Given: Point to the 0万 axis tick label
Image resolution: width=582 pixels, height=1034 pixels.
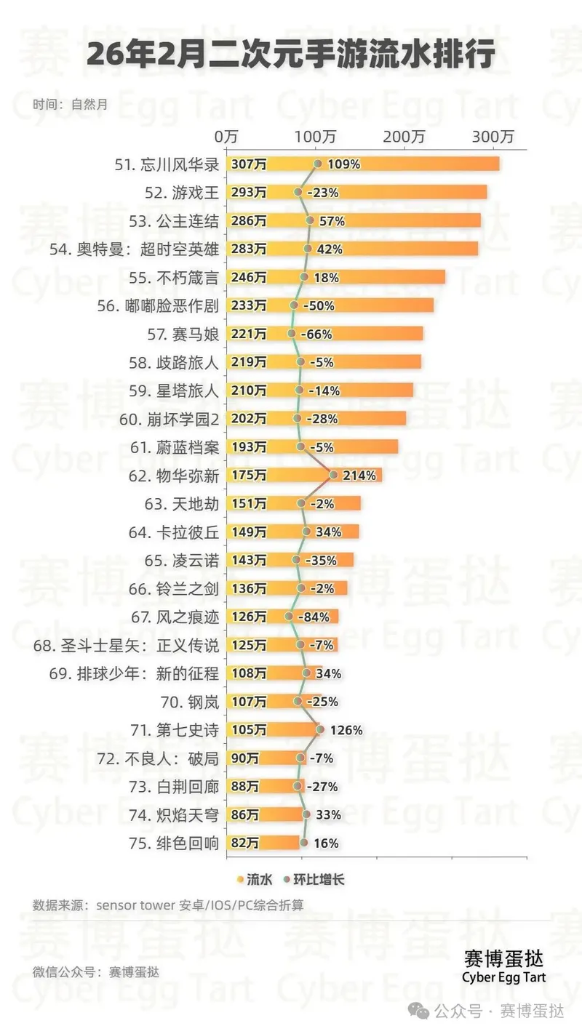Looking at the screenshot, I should point(226,136).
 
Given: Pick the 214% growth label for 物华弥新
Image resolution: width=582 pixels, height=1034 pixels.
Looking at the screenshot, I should point(360,476).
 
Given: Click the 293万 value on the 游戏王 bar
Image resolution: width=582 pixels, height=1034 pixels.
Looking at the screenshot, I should point(248,193).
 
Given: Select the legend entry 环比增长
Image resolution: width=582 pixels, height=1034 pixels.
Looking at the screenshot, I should point(314,880).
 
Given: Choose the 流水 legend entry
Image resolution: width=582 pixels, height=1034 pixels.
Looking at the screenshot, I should point(255,880).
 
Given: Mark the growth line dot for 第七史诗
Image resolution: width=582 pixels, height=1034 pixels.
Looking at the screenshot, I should point(320,729).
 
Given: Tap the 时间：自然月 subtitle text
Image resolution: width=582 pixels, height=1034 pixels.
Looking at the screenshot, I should point(70,104).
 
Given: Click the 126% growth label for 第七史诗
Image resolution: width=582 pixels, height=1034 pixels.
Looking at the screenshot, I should point(346,730).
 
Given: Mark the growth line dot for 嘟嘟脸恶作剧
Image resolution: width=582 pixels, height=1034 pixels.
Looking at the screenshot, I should point(294,305).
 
